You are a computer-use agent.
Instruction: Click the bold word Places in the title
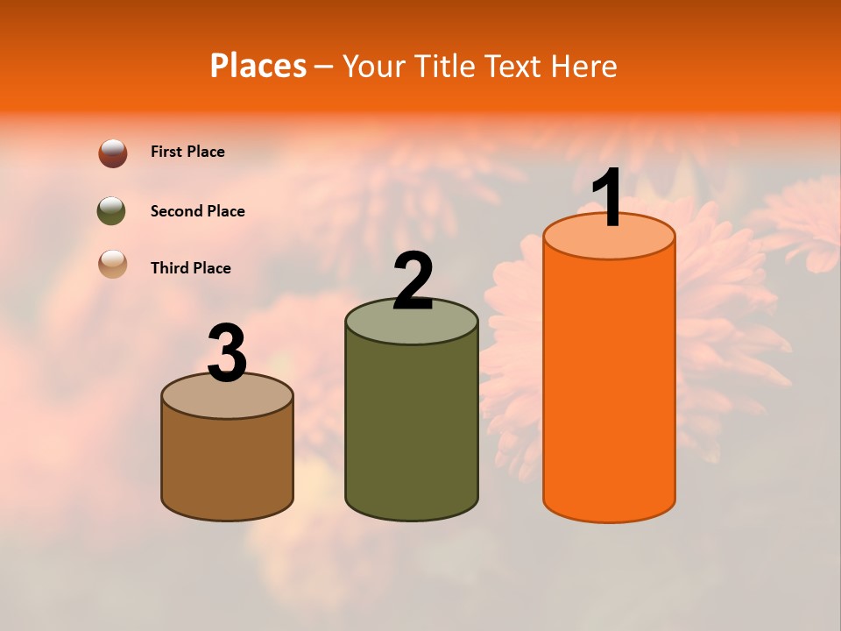(258, 66)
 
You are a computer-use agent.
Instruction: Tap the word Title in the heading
(442, 66)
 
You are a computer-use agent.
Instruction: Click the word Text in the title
(512, 66)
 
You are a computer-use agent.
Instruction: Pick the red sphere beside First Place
(113, 153)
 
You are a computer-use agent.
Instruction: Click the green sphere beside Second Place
(111, 211)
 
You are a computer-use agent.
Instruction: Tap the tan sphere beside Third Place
(113, 265)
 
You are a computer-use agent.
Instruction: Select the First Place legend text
(187, 152)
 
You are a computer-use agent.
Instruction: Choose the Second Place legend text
(197, 211)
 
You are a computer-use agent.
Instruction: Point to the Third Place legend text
(190, 268)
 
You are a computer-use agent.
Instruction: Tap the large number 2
(413, 281)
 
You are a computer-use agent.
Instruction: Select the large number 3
(227, 353)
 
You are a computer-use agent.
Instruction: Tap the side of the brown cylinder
(227, 464)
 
